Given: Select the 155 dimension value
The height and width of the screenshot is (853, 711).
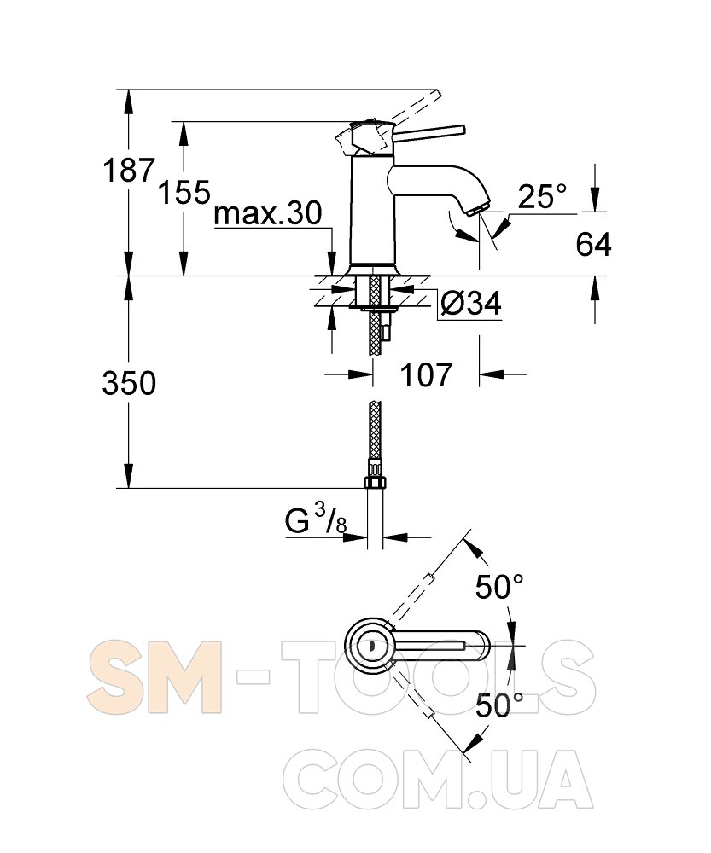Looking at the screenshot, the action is pyautogui.click(x=184, y=192).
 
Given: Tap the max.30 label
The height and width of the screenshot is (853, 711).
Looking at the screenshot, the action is pyautogui.click(x=268, y=213).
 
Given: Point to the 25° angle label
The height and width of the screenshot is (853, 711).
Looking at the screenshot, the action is pyautogui.click(x=542, y=196).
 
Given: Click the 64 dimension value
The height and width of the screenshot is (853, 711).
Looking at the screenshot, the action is pyautogui.click(x=593, y=244).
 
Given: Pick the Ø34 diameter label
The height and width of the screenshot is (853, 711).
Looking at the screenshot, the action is pyautogui.click(x=471, y=303).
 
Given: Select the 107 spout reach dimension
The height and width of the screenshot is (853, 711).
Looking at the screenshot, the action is pyautogui.click(x=426, y=374).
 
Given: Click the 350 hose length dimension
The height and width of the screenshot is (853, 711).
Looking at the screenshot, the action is pyautogui.click(x=129, y=383).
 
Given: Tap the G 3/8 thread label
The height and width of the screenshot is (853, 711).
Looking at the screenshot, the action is pyautogui.click(x=316, y=519).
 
